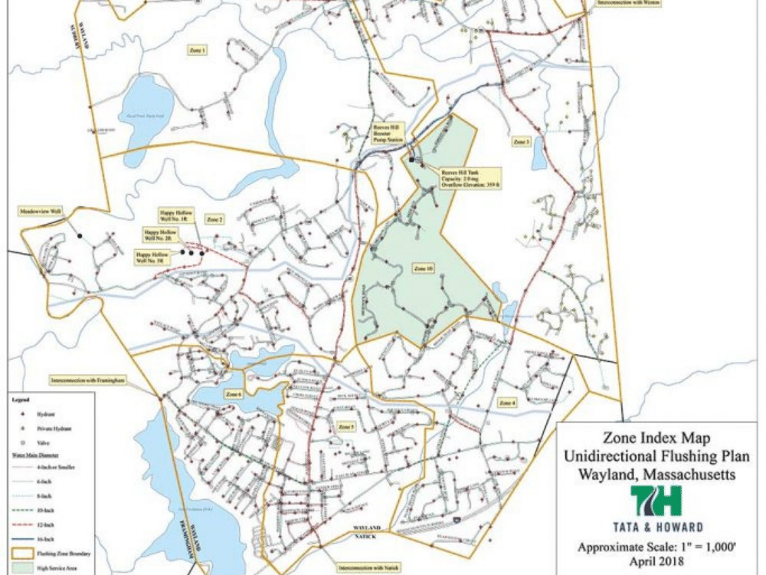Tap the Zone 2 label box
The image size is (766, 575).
[x=215, y=220]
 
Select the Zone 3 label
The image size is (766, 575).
[x=522, y=142]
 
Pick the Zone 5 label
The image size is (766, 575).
[x=346, y=426]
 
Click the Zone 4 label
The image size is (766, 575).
[x=508, y=402]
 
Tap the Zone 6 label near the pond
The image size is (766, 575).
[x=234, y=394]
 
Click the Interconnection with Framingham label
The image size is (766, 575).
[x=87, y=379]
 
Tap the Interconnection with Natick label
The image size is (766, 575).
[x=362, y=569]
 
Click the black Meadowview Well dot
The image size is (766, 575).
[x=80, y=236]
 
